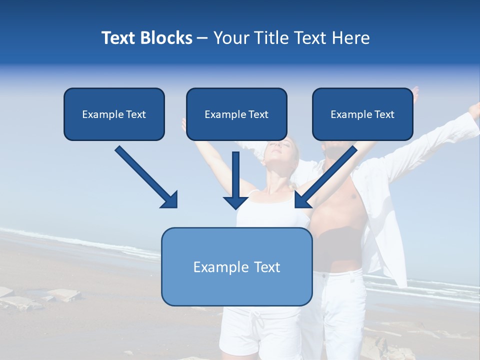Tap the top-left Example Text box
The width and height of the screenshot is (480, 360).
114,114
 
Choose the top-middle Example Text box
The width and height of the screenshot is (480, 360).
236,114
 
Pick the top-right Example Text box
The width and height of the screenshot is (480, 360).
362,114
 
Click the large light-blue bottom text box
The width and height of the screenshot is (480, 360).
236,266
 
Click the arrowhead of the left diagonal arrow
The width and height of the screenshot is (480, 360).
170,200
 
